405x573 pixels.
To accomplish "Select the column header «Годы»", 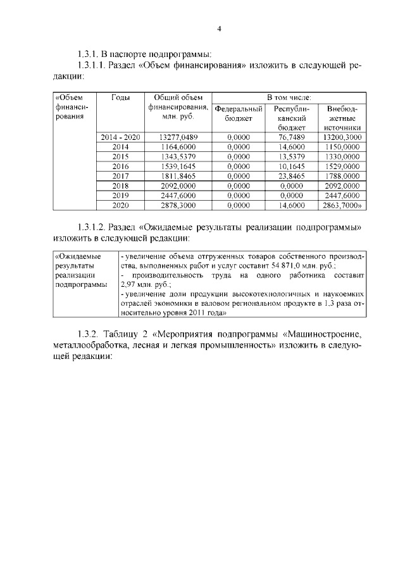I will [x=120, y=98].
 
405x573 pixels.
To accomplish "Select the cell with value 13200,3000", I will [x=342, y=137].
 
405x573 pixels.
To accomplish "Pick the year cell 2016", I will [x=120, y=166].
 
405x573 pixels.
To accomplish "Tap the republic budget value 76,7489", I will [x=292, y=137].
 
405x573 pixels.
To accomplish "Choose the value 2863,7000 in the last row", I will [x=341, y=206].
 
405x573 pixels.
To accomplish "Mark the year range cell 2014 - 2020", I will [x=120, y=137].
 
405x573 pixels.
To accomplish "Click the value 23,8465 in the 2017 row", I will [x=292, y=176].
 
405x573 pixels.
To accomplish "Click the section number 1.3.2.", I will [x=87, y=334].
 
